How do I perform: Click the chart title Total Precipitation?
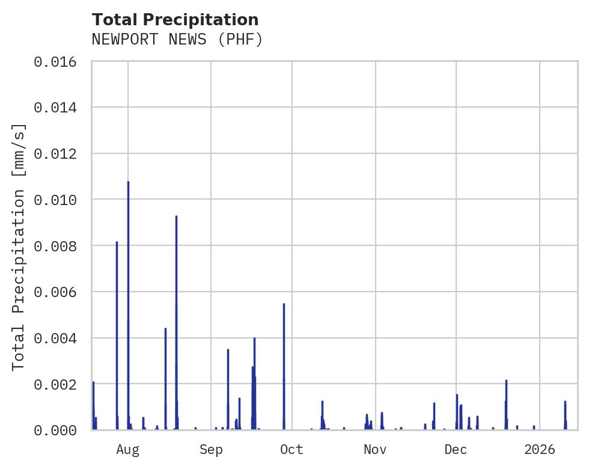[x=175, y=20]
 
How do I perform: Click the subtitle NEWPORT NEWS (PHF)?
[x=177, y=40]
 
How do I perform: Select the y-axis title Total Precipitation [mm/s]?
[x=19, y=247]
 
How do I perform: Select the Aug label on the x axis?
[x=128, y=450]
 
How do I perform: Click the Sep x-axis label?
[x=211, y=450]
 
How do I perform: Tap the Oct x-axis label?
[x=291, y=450]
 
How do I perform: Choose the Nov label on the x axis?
[x=374, y=450]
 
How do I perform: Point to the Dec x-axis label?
[x=456, y=450]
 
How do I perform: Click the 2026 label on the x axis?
[x=539, y=450]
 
